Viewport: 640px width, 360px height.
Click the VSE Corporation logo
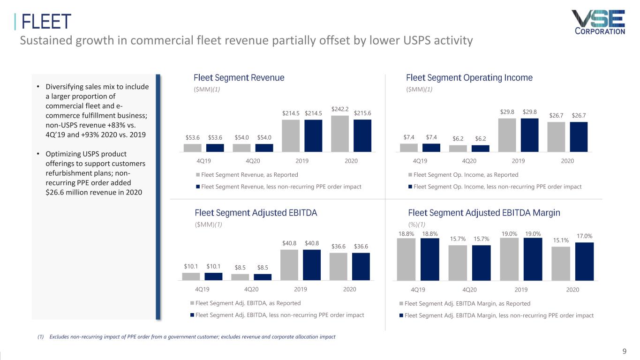tap(598, 22)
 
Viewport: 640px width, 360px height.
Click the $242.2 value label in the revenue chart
tap(340, 109)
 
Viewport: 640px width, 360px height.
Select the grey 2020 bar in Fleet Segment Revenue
tap(340, 134)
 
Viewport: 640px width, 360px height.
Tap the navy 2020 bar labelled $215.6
tap(362, 136)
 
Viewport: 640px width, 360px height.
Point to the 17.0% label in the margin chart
tap(584, 237)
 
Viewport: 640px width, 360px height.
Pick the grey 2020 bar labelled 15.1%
tap(561, 263)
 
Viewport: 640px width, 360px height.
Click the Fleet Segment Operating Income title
tap(469, 78)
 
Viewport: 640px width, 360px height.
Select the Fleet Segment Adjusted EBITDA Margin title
tap(484, 213)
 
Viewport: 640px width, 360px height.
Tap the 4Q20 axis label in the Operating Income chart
tap(469, 161)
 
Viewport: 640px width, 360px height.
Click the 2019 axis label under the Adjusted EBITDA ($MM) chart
tap(301, 289)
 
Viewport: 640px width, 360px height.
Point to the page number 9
tap(624, 352)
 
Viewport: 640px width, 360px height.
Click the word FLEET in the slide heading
tap(46, 22)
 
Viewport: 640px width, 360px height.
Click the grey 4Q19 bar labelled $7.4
tap(408, 148)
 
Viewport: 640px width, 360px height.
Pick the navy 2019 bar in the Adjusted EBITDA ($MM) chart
tap(312, 265)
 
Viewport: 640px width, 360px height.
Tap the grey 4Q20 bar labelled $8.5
tap(240, 277)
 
